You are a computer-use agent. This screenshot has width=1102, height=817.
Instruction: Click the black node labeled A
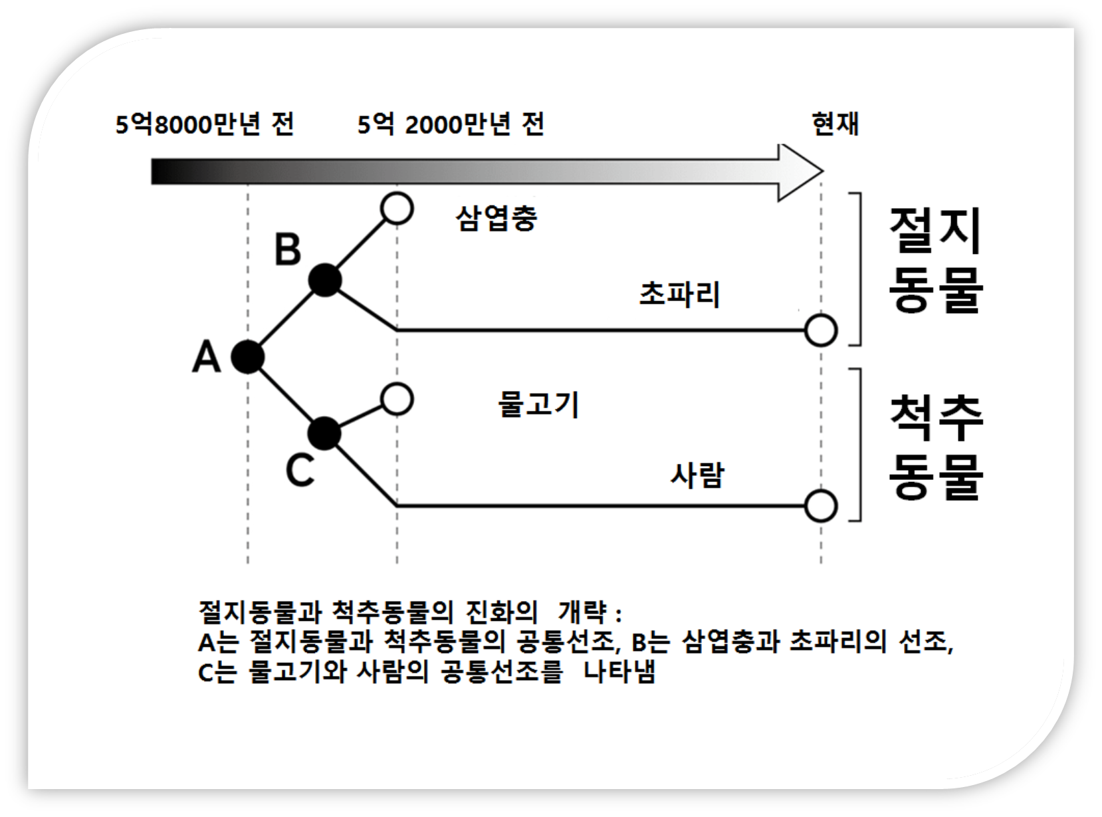(x=248, y=358)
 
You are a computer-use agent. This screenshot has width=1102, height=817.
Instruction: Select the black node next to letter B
(x=325, y=281)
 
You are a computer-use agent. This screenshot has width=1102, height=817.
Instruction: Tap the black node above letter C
(x=325, y=434)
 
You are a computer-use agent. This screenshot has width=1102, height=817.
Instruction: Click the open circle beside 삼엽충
(x=397, y=209)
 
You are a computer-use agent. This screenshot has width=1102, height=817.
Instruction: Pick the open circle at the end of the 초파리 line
(x=820, y=330)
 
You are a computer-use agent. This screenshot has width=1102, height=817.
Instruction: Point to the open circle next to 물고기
(x=397, y=400)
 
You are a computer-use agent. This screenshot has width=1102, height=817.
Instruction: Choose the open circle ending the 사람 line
(x=820, y=506)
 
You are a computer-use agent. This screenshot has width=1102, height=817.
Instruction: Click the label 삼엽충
(x=496, y=218)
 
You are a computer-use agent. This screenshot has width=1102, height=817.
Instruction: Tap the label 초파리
(x=679, y=294)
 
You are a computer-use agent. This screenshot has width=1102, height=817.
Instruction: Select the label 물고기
(x=538, y=404)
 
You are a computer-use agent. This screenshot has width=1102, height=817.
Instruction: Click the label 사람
(x=697, y=475)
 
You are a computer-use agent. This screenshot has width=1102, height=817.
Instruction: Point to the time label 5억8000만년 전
(x=205, y=124)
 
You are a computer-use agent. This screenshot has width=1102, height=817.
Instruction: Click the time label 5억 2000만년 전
(x=451, y=124)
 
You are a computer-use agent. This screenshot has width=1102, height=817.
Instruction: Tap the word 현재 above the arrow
(x=835, y=124)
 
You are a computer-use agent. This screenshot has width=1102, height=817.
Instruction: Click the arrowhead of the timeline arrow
(x=801, y=172)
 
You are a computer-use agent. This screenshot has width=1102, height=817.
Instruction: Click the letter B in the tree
(x=288, y=251)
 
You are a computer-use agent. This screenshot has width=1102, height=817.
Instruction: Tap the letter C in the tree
(x=300, y=471)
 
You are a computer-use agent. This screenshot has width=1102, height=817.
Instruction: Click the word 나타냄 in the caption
(x=619, y=671)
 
